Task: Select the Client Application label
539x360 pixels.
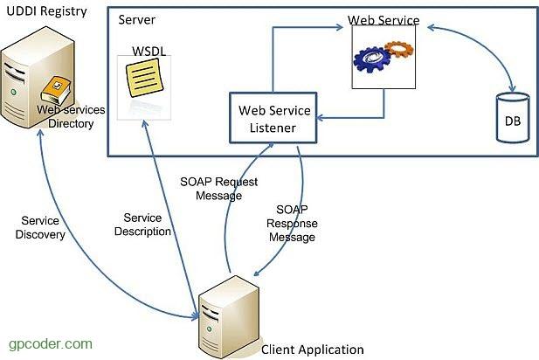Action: pos(313,350)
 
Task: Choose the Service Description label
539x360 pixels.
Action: pos(147,225)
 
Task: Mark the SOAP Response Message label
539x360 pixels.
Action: pos(292,224)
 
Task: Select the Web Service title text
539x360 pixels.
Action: pos(384,19)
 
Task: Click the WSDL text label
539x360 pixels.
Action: pos(147,52)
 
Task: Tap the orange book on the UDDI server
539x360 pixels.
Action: pos(57,87)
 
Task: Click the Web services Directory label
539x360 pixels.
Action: pos(70,116)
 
